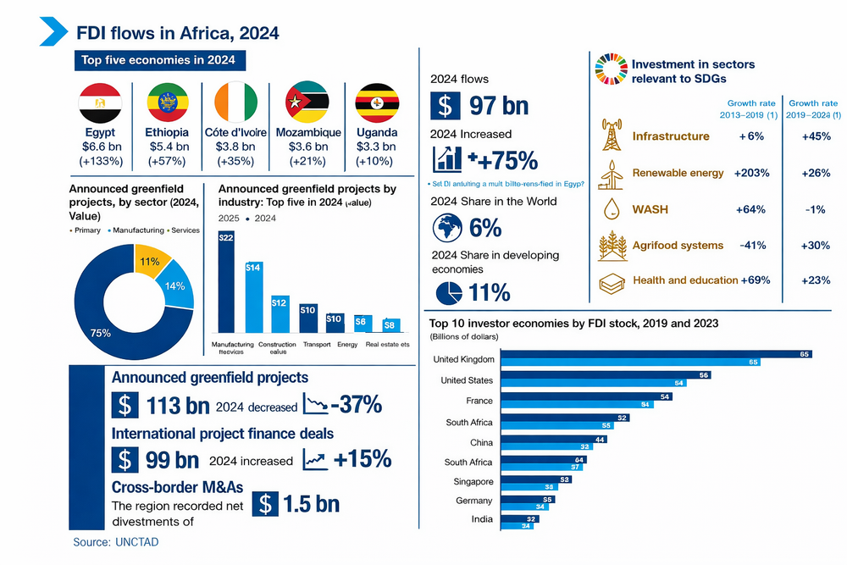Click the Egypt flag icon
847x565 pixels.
pyautogui.click(x=100, y=103)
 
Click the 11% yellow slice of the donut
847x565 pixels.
pyautogui.click(x=152, y=265)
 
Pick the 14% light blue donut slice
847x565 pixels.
pyautogui.click(x=174, y=287)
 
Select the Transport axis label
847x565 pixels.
pyautogui.click(x=317, y=345)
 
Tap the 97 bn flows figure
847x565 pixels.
pyautogui.click(x=499, y=106)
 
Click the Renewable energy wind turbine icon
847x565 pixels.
pyautogui.click(x=611, y=173)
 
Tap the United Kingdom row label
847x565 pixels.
pyautogui.click(x=463, y=359)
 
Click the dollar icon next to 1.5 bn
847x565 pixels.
pyautogui.click(x=267, y=503)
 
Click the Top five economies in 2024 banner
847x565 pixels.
pyautogui.click(x=158, y=60)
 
